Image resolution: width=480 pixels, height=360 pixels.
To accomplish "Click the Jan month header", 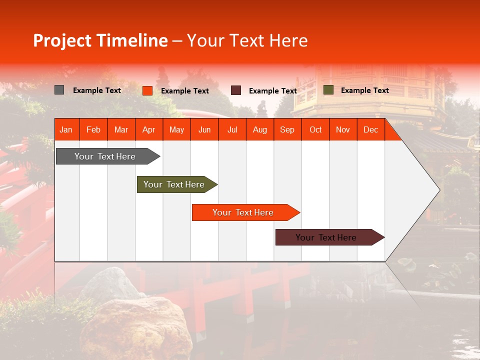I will pos(66,130).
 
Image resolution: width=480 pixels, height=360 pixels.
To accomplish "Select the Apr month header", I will pos(148,130).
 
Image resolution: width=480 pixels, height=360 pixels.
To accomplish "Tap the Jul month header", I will pos(232,130).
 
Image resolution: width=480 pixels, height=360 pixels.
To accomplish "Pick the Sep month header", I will pos(287,130).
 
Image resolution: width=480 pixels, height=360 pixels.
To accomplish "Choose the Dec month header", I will pos(370,130).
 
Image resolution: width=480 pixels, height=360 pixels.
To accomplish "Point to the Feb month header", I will pos(93,130).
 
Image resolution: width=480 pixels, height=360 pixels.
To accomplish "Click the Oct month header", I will pos(315,130).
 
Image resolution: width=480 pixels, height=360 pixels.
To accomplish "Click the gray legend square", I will pos(59,90).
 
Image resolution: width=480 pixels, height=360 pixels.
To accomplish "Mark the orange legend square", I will pos(147,90).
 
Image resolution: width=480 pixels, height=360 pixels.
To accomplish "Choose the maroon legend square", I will pos(236,90).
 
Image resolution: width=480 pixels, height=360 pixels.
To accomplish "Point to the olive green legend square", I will pos(328,90).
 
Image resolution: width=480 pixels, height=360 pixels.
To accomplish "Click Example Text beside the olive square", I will pos(364,90).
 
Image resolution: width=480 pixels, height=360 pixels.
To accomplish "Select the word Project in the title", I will pos(62,40).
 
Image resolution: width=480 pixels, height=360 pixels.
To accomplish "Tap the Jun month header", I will pos(204,130).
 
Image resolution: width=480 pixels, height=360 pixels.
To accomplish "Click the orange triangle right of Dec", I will pos(391,133).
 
